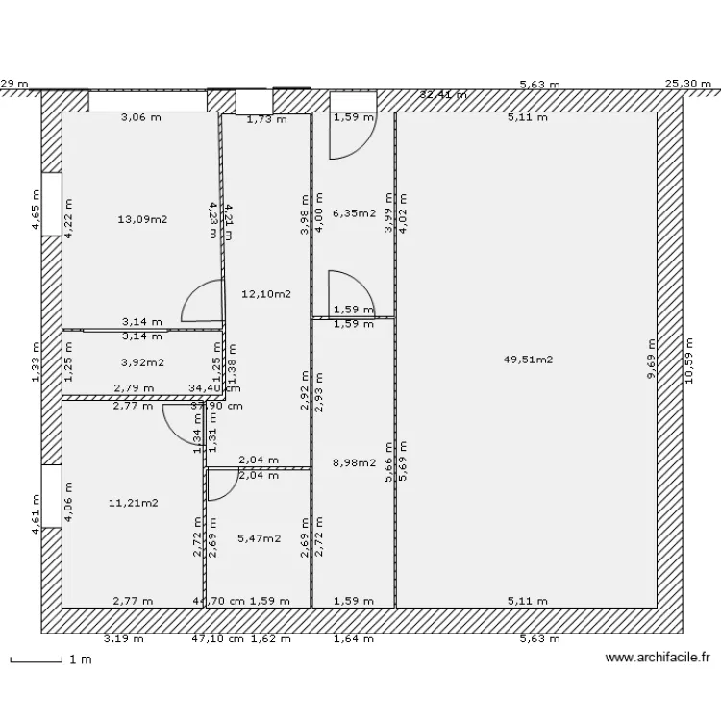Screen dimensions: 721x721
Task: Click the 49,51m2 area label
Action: click(x=528, y=360)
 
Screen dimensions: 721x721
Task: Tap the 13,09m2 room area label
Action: click(x=142, y=219)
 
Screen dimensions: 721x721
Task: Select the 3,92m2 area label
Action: click(x=142, y=362)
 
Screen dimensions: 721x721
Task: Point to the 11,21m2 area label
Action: click(x=133, y=502)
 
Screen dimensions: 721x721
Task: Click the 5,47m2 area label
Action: click(x=259, y=538)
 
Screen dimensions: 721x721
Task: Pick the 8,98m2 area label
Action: click(x=354, y=462)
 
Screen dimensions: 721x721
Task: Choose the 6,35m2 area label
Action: click(x=354, y=213)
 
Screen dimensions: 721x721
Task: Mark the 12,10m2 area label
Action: click(x=266, y=294)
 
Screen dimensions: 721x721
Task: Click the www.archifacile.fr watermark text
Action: click(x=658, y=659)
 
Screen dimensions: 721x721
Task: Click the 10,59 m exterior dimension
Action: click(x=689, y=360)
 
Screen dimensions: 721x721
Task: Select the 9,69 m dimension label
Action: click(x=651, y=360)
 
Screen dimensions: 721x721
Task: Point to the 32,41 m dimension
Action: click(x=443, y=94)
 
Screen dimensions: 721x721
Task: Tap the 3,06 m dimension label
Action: click(x=140, y=119)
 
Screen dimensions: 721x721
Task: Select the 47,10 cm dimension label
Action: click(x=217, y=638)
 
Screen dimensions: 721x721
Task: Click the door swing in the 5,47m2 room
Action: click(x=222, y=485)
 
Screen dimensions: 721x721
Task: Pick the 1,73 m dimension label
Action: click(x=266, y=120)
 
